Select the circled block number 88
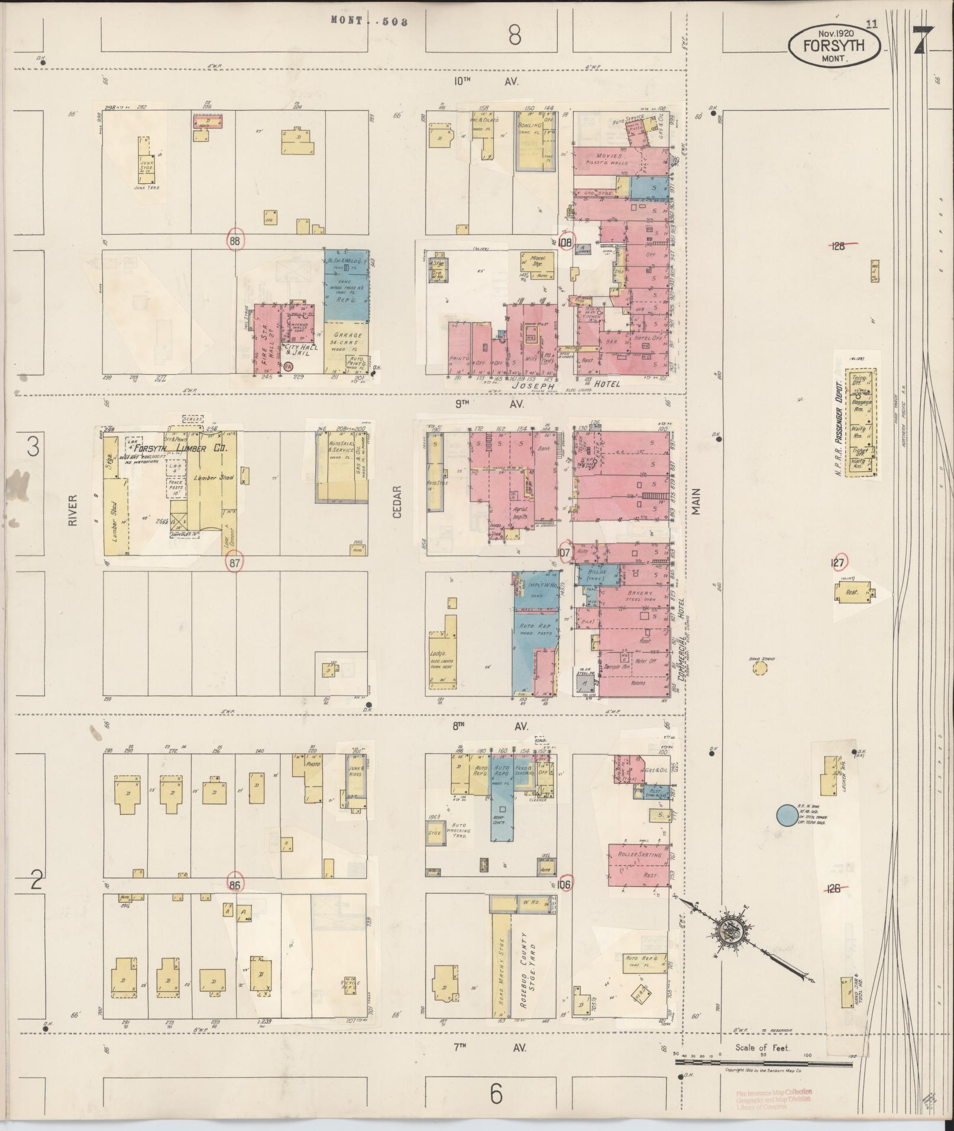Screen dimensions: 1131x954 235,239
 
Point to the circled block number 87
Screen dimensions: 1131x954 235,563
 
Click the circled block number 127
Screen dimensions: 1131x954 837,563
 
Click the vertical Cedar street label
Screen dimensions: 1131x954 396,502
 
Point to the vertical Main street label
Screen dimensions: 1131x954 696,500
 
